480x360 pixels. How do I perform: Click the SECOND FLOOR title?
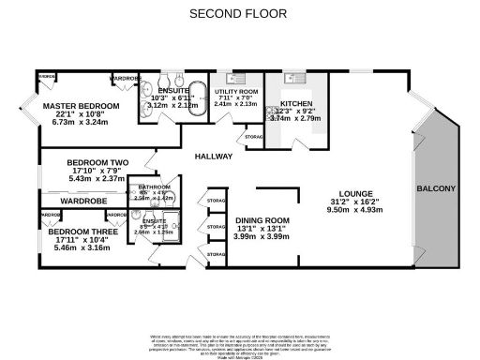239,14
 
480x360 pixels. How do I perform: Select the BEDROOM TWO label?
97,162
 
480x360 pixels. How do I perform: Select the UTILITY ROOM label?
235,91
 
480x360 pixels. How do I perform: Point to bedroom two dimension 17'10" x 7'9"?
97,171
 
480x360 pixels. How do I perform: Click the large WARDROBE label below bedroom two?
85,201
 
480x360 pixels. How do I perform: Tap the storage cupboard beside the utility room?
252,138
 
